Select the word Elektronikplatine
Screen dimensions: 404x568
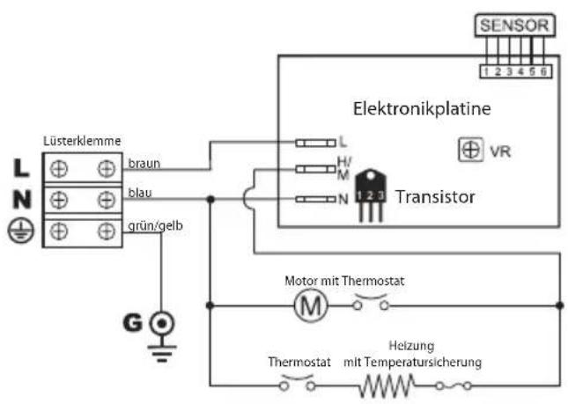pyautogui.click(x=422, y=110)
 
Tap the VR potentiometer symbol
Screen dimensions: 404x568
pyautogui.click(x=471, y=151)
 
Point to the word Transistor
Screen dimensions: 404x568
pyautogui.click(x=435, y=196)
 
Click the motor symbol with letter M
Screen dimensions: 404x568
pyautogui.click(x=309, y=305)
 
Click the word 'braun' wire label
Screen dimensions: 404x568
pyautogui.click(x=144, y=163)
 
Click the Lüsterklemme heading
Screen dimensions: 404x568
pyautogui.click(x=82, y=142)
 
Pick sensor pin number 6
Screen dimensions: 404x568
pyautogui.click(x=546, y=70)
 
